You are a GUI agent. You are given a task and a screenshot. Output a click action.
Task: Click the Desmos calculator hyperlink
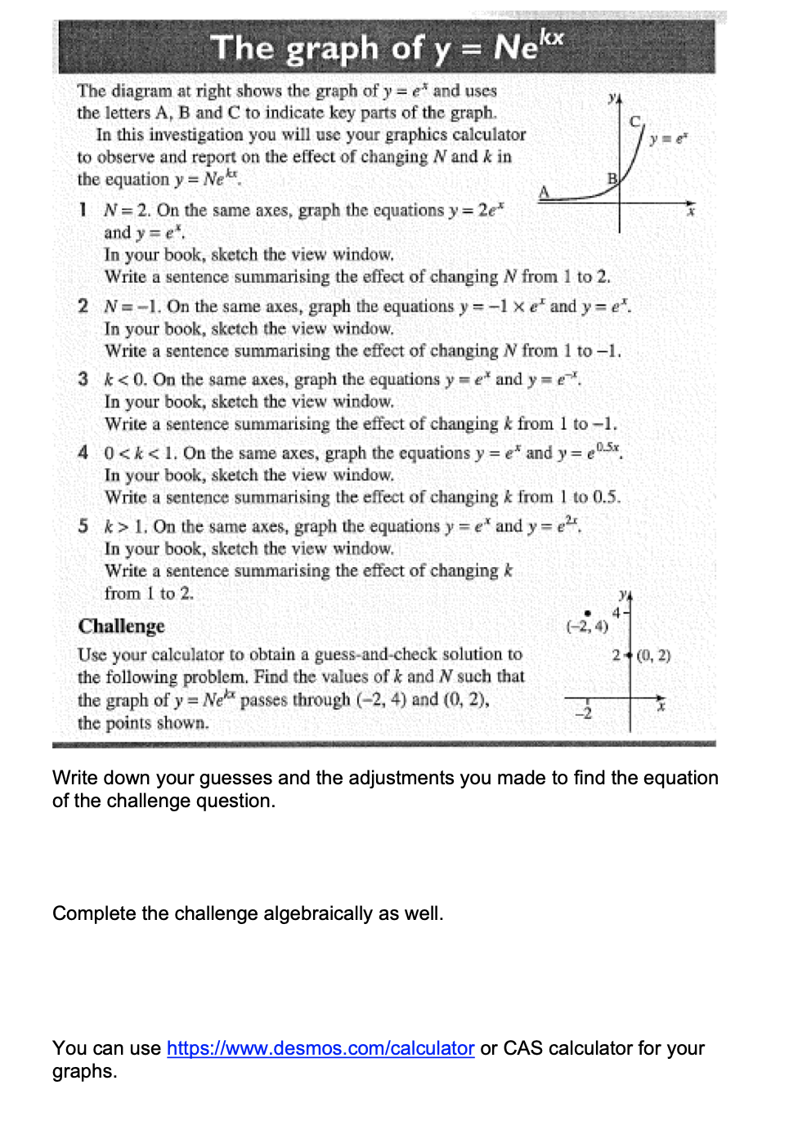pyautogui.click(x=321, y=1048)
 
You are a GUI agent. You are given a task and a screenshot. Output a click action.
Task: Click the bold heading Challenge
pyautogui.click(x=121, y=626)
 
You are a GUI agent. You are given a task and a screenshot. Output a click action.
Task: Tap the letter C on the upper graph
pyautogui.click(x=634, y=122)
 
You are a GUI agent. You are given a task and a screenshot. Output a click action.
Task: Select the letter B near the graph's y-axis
pyautogui.click(x=612, y=178)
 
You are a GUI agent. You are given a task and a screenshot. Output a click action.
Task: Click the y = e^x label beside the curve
pyautogui.click(x=668, y=138)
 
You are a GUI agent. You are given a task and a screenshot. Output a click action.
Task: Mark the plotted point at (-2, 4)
pyautogui.click(x=587, y=613)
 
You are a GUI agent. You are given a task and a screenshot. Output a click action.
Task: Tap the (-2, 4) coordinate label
pyautogui.click(x=587, y=627)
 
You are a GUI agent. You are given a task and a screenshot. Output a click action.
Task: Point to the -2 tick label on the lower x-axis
pyautogui.click(x=583, y=713)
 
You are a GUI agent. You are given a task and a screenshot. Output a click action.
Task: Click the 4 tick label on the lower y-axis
pyautogui.click(x=616, y=613)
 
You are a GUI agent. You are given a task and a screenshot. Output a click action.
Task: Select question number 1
pyautogui.click(x=83, y=210)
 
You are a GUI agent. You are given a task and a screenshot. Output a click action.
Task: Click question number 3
pyautogui.click(x=83, y=379)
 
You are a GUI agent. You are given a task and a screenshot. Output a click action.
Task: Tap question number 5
pyautogui.click(x=83, y=526)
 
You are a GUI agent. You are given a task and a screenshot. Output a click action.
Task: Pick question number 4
pyautogui.click(x=83, y=453)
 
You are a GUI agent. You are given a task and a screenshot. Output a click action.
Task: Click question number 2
pyautogui.click(x=83, y=306)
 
